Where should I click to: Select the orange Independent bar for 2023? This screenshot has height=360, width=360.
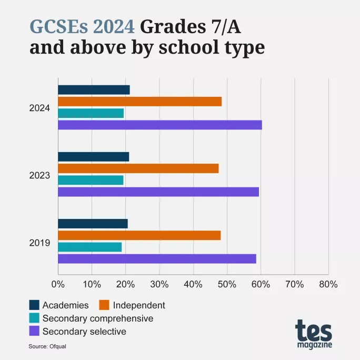pyautogui.click(x=138, y=168)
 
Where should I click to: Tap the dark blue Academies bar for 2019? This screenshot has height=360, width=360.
pyautogui.click(x=93, y=224)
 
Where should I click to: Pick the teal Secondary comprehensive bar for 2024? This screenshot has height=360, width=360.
pyautogui.click(x=91, y=113)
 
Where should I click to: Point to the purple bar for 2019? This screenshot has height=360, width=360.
pyautogui.click(x=157, y=258)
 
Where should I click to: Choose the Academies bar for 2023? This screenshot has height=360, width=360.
pyautogui.click(x=93, y=157)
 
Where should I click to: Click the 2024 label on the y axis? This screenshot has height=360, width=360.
pyautogui.click(x=39, y=108)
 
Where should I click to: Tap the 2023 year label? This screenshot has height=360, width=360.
pyautogui.click(x=39, y=175)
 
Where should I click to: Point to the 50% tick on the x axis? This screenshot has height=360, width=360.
pyautogui.click(x=227, y=284)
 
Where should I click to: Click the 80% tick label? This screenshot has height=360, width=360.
pyautogui.click(x=328, y=284)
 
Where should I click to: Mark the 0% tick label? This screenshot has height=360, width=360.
pyautogui.click(x=58, y=284)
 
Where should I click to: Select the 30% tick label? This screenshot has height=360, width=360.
pyautogui.click(x=159, y=284)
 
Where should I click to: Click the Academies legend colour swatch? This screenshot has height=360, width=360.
pyautogui.click(x=34, y=305)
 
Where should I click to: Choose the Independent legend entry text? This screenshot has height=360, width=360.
pyautogui.click(x=139, y=305)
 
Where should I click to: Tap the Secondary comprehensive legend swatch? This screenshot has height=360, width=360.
pyautogui.click(x=34, y=318)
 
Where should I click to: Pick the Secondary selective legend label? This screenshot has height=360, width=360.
pyautogui.click(x=84, y=332)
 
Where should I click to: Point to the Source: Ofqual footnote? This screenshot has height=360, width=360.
pyautogui.click(x=47, y=346)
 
